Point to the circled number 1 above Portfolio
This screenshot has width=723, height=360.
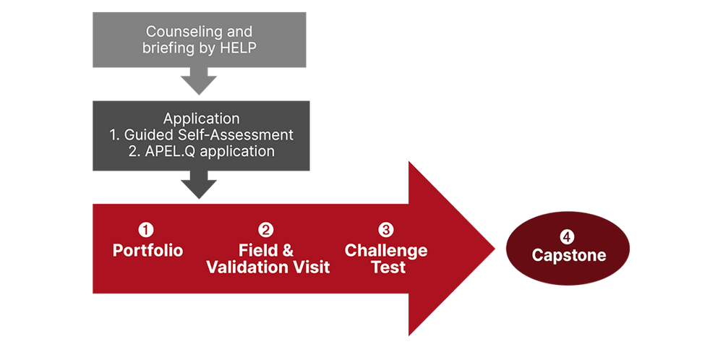(x=147, y=230)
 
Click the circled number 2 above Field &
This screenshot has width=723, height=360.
(x=267, y=230)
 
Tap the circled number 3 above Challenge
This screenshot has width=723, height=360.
(x=386, y=230)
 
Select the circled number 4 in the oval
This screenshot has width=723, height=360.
(x=569, y=236)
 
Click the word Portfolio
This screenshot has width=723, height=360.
(x=147, y=251)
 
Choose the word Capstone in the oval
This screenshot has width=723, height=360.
(x=569, y=256)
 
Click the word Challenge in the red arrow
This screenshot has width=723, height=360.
(x=386, y=251)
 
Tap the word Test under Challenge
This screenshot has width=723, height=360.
(x=386, y=267)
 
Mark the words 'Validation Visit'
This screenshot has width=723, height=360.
(x=268, y=267)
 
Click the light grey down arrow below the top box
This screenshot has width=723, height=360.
(x=197, y=82)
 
